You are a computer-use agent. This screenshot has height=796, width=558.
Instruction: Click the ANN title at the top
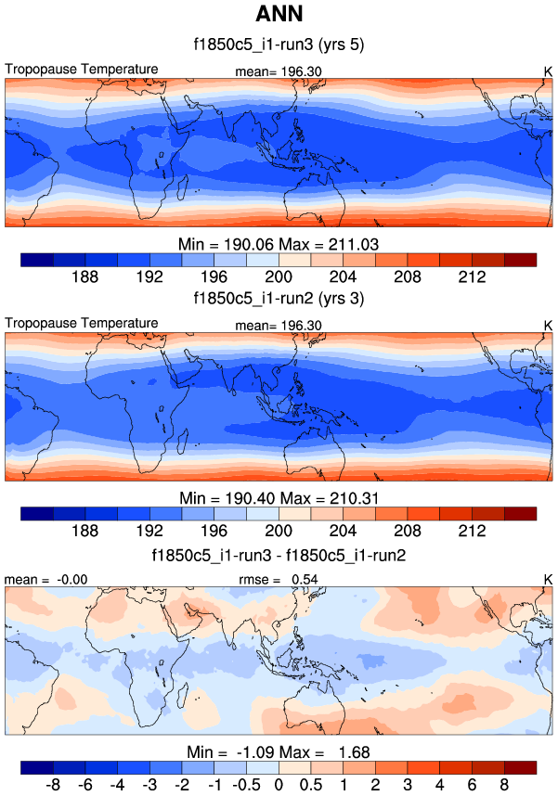pyautogui.click(x=279, y=16)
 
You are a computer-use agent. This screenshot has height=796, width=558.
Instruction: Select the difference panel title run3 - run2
pyautogui.click(x=279, y=557)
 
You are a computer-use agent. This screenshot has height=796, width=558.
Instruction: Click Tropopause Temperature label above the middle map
pyautogui.click(x=82, y=323)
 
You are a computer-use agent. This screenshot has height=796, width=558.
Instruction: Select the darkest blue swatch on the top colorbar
pyautogui.click(x=36, y=258)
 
